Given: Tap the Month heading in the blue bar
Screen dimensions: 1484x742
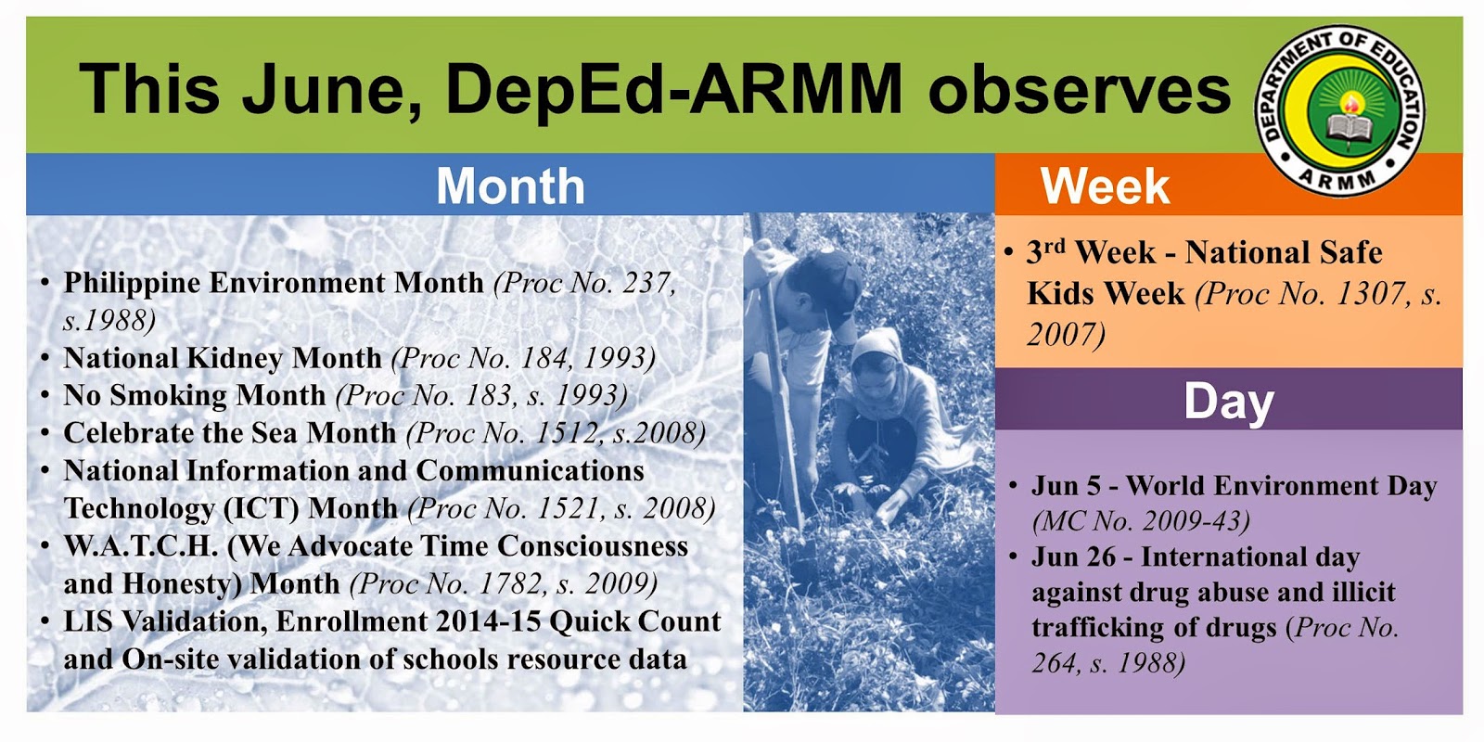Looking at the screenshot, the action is pos(511,186).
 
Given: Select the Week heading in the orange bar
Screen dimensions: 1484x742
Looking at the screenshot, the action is pos(1105,186).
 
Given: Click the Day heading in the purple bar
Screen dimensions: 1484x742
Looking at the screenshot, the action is pos(1229,403).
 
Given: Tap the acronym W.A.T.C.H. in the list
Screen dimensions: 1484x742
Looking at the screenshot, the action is pos(141,546).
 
